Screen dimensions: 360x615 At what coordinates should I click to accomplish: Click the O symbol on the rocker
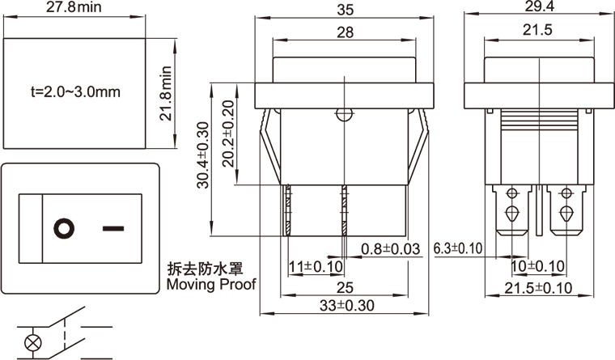pos(62,227)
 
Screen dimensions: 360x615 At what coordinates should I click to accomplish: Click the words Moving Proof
pos(210,284)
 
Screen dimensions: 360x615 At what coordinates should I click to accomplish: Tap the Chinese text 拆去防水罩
pos(205,269)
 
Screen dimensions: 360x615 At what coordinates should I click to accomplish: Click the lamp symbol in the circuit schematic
pos(33,341)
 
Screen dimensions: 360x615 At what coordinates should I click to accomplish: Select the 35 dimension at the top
pos(345,11)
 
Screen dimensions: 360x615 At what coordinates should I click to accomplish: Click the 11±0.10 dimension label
pos(316,266)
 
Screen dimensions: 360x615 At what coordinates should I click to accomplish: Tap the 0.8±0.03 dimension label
pos(390,249)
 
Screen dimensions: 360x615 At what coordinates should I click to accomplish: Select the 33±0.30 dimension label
pos(344,306)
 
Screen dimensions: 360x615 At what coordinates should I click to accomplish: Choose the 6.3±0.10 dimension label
pos(458,248)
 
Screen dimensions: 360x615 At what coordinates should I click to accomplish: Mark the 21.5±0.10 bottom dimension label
pos(538,289)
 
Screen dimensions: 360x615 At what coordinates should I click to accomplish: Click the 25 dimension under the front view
pos(344,287)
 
